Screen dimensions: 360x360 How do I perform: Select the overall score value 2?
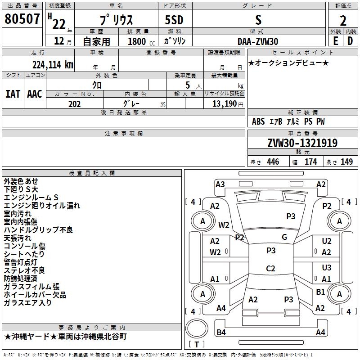[x=343, y=20]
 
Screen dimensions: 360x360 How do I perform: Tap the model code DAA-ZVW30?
[x=257, y=41]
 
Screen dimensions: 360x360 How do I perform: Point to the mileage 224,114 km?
[x=53, y=64]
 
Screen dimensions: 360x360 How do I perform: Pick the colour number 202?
[x=75, y=104]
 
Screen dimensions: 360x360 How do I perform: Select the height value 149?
[x=346, y=162]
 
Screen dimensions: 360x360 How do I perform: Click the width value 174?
[x=310, y=162]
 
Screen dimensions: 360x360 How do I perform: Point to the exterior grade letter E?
[x=335, y=41]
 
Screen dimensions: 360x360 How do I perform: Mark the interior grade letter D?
[x=350, y=41]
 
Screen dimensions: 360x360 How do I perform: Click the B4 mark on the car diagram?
[x=221, y=332]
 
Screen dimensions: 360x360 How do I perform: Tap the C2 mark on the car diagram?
[x=270, y=269]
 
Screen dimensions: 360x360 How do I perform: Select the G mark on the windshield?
[x=284, y=237]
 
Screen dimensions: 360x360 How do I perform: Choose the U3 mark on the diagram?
[x=326, y=268]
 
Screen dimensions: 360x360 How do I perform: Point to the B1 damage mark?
[x=320, y=292]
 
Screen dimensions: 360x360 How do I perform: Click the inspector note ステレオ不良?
[x=24, y=270]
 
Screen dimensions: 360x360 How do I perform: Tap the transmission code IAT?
[x=13, y=94]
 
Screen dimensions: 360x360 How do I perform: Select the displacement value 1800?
[x=137, y=41]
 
